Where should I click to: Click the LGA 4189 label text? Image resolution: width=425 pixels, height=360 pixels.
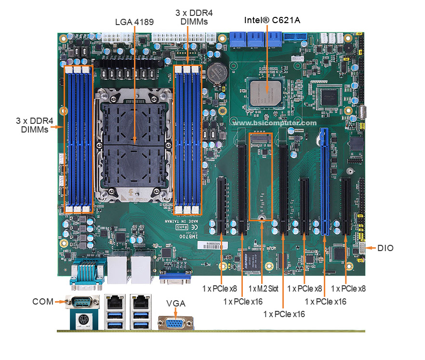[134, 22]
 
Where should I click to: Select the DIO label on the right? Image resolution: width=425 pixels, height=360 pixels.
[385, 248]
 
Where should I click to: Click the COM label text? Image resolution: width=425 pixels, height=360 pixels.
[42, 302]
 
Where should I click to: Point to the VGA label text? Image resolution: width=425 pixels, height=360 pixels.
[176, 303]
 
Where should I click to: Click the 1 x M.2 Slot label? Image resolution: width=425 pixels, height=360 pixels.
[263, 289]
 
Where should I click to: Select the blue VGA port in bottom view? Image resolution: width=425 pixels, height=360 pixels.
[175, 323]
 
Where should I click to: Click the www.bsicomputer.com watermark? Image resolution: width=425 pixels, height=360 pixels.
[275, 123]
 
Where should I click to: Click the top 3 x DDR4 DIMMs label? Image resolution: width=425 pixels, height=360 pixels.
[194, 17]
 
